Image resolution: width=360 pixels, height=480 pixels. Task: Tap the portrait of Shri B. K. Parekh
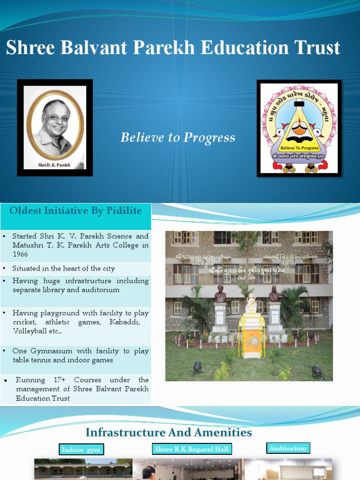(x=55, y=125)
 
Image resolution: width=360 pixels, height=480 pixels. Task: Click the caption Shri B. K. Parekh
(x=54, y=165)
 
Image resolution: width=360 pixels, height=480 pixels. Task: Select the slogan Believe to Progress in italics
(x=178, y=138)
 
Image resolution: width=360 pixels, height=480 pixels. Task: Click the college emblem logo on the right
(x=299, y=128)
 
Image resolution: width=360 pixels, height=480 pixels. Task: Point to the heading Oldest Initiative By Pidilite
(x=75, y=211)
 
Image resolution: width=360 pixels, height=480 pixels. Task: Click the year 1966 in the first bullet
(x=21, y=254)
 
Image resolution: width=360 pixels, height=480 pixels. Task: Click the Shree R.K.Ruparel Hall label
(x=191, y=449)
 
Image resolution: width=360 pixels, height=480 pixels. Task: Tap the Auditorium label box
(x=288, y=449)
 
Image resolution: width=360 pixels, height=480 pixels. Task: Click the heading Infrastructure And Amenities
(x=169, y=432)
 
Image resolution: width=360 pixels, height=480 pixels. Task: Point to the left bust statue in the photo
(x=220, y=294)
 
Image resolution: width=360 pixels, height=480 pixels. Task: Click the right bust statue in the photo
(x=274, y=294)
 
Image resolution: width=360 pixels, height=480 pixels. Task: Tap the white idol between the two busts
(x=251, y=304)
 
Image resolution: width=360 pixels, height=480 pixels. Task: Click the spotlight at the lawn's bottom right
(x=317, y=371)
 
